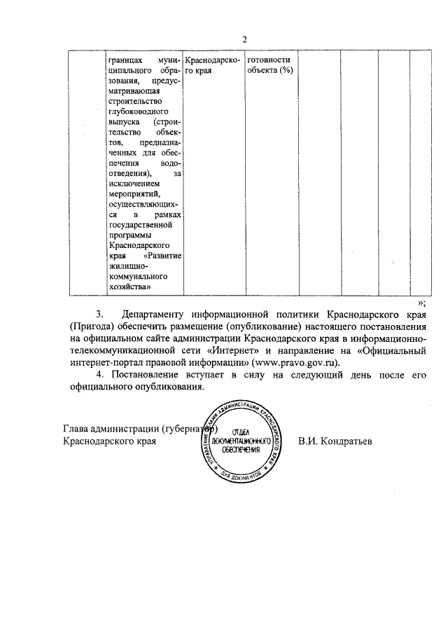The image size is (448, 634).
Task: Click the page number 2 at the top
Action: point(245,40)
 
